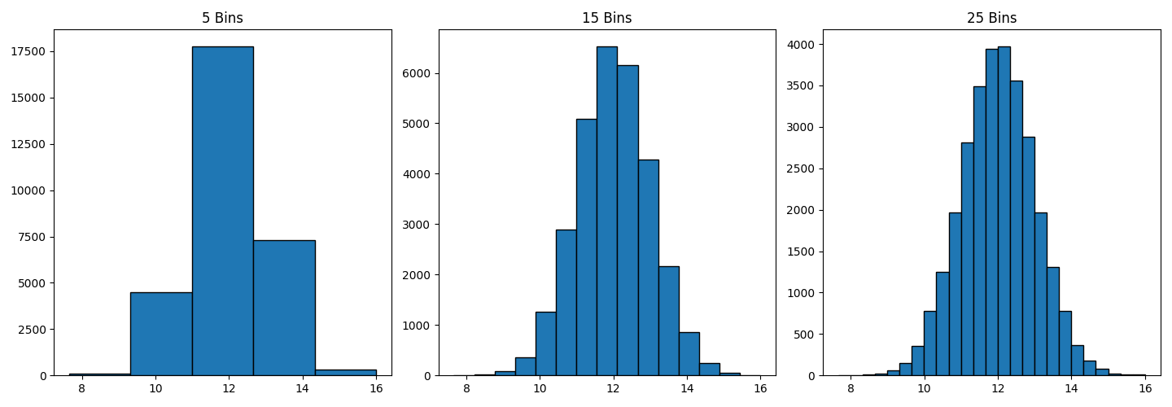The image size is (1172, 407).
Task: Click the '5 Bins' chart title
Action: pos(222,18)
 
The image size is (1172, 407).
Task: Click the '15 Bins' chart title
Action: pos(606,18)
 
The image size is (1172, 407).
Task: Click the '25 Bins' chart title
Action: pos(991,18)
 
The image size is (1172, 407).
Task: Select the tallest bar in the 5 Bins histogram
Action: pos(222,212)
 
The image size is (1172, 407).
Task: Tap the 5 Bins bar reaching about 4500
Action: pos(161,334)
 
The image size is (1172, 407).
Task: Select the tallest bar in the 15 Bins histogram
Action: pos(606,212)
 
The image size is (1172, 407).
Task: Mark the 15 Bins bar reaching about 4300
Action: pos(648,268)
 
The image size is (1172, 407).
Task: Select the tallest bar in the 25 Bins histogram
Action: pos(1004,212)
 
